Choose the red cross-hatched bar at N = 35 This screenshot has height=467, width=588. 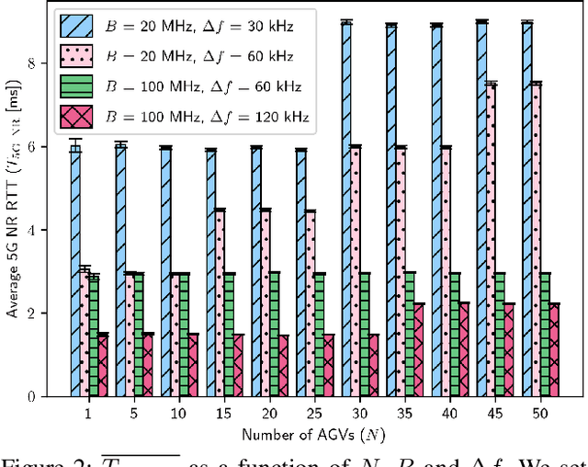coord(419,349)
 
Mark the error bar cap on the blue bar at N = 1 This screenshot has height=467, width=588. coord(75,139)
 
